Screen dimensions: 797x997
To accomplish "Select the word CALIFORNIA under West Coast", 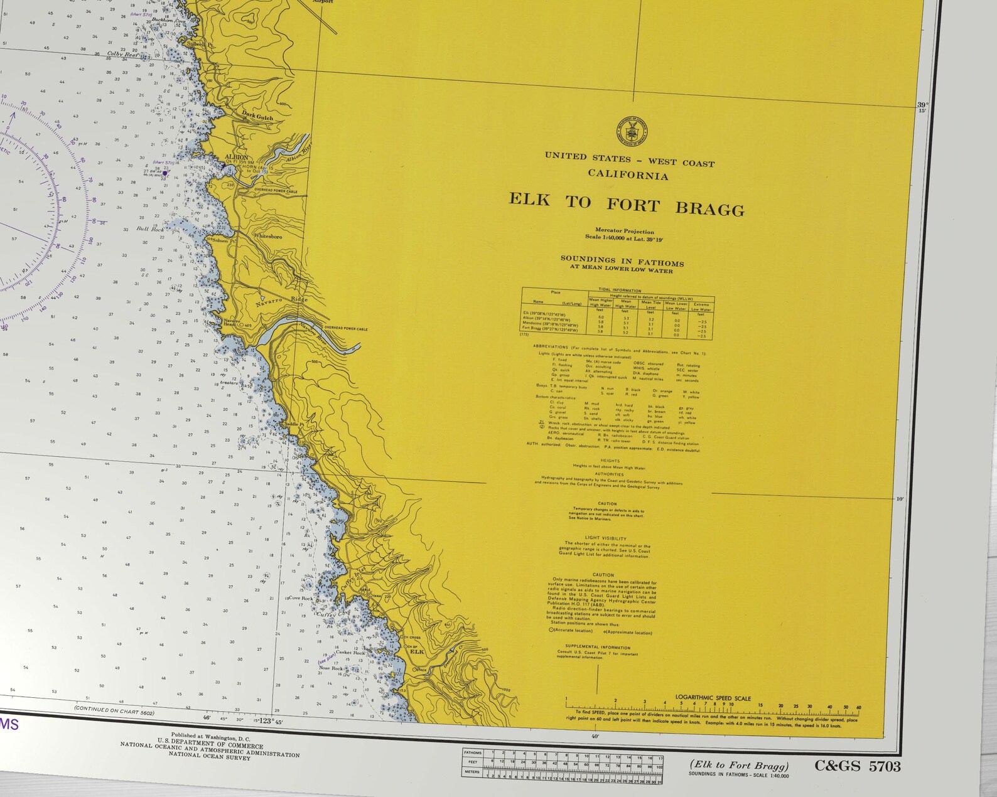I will click(628, 174).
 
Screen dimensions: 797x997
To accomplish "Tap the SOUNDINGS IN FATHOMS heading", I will click(622, 261).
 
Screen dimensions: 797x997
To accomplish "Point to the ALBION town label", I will click(237, 158).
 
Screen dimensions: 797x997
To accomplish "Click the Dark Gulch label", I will click(257, 115).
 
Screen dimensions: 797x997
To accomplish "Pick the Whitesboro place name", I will click(267, 236).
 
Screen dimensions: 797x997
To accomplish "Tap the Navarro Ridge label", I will click(282, 301).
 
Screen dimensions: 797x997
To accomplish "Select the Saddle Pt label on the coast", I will click(293, 424).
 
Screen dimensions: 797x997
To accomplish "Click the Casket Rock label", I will click(350, 653).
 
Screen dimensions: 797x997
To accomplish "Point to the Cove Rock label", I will click(300, 598).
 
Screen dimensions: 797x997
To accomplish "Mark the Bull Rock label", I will click(150, 229).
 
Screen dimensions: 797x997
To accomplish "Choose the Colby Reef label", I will click(122, 55).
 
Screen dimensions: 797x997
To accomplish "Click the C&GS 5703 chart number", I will click(857, 766).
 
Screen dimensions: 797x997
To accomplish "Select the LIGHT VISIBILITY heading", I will click(605, 538).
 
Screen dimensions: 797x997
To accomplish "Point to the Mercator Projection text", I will click(625, 231).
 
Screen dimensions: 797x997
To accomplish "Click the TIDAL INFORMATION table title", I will click(620, 291).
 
